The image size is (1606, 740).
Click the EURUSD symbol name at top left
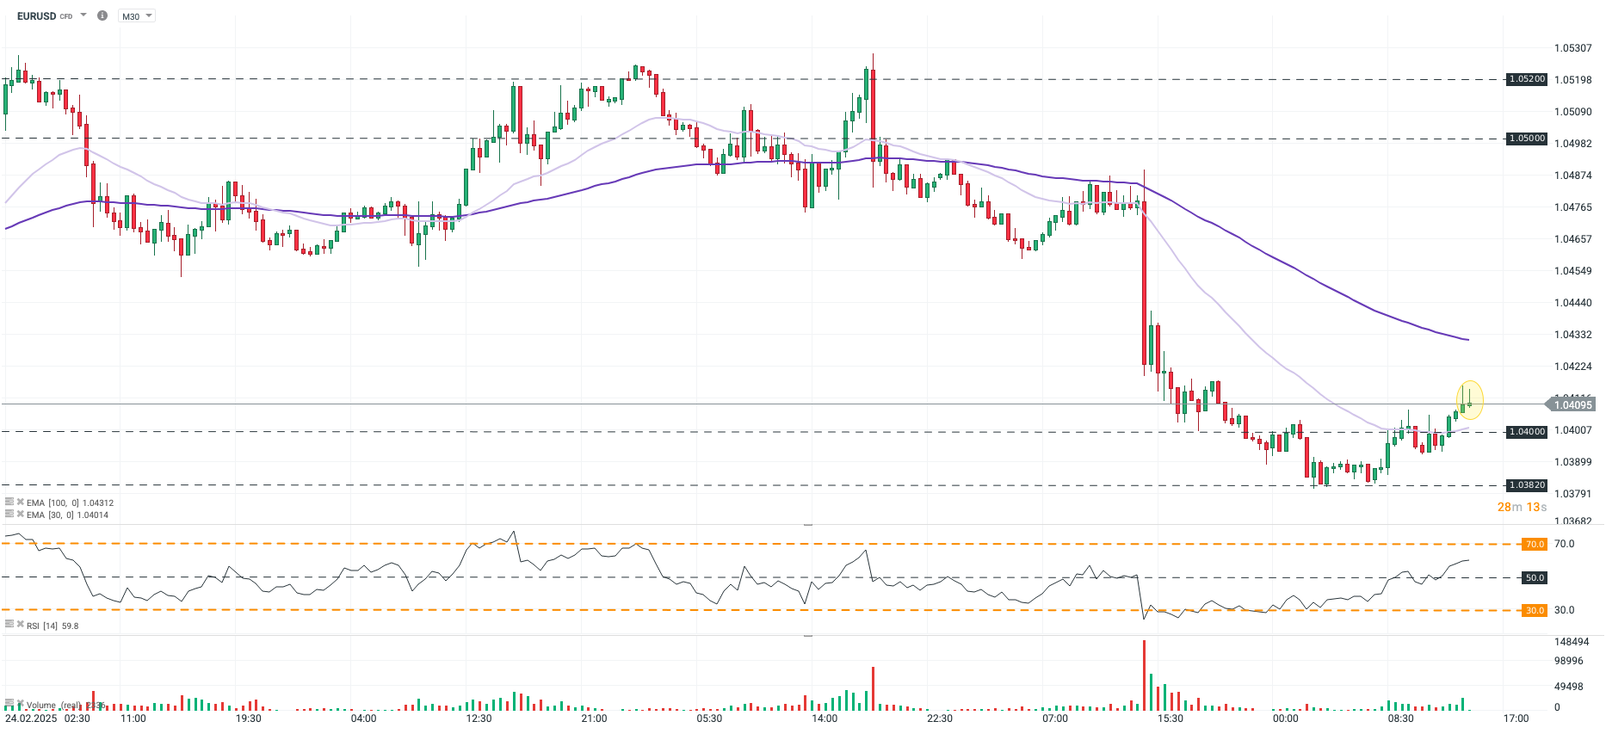point(36,16)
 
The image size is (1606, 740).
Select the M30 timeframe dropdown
point(135,16)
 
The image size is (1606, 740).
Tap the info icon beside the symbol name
point(102,15)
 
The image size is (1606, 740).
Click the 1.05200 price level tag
point(1527,79)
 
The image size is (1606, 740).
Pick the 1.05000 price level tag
point(1527,139)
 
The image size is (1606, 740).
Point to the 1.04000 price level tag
point(1527,432)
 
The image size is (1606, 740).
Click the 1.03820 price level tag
point(1527,485)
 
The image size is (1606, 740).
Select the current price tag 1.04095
point(1572,405)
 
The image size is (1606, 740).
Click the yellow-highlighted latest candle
point(1469,401)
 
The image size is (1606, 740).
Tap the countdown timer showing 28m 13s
point(1522,507)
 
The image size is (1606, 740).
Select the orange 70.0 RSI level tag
point(1535,545)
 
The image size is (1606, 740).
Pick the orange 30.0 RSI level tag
point(1535,611)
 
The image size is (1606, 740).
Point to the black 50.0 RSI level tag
point(1535,578)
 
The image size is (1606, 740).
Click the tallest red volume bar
point(1144,675)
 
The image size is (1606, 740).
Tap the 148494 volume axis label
point(1572,642)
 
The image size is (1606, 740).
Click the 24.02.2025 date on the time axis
point(31,718)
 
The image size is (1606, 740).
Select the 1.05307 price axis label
point(1572,48)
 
